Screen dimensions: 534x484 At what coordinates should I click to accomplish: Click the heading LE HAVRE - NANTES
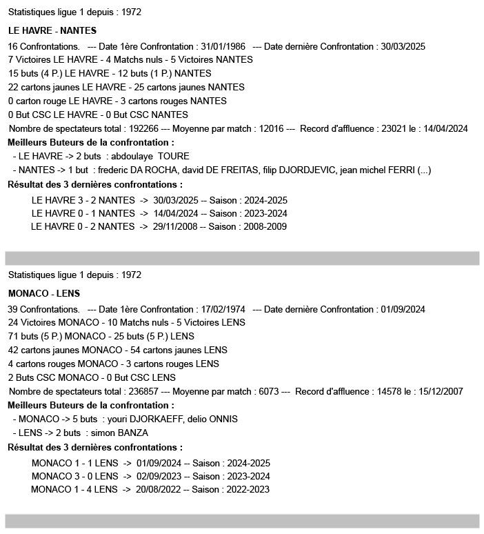click(x=52, y=31)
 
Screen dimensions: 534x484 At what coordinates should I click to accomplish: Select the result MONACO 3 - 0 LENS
click(x=74, y=476)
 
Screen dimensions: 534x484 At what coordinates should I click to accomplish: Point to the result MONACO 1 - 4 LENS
click(x=74, y=490)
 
